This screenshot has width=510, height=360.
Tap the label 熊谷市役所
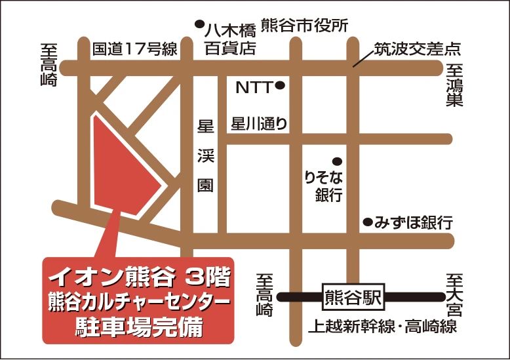tap(304, 25)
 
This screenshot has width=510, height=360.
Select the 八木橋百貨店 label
tap(229, 39)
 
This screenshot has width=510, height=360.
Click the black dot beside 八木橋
tap(199, 25)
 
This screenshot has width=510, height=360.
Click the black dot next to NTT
tap(280, 85)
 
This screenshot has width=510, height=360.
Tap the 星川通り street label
tap(259, 124)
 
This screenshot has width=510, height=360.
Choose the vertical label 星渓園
tap(205, 155)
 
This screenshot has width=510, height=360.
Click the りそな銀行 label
tap(324, 186)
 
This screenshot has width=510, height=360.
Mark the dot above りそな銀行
tap(337, 160)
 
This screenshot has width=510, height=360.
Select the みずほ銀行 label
tap(413, 222)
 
